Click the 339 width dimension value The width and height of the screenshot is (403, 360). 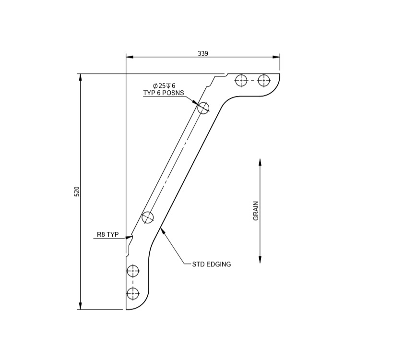[x=203, y=53]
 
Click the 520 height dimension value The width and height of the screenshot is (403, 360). [x=77, y=191]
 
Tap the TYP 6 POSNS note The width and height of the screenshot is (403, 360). [x=164, y=93]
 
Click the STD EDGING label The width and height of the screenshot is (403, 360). [x=212, y=264]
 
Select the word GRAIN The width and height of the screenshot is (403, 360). [x=256, y=211]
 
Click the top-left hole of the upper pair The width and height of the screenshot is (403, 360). [x=241, y=80]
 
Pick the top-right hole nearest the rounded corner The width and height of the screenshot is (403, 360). [x=264, y=80]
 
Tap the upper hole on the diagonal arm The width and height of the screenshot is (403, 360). [x=203, y=108]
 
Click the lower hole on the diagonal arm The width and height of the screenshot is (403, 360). [x=148, y=217]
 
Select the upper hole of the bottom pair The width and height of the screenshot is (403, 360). [x=133, y=271]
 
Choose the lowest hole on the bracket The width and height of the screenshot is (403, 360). [x=133, y=293]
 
